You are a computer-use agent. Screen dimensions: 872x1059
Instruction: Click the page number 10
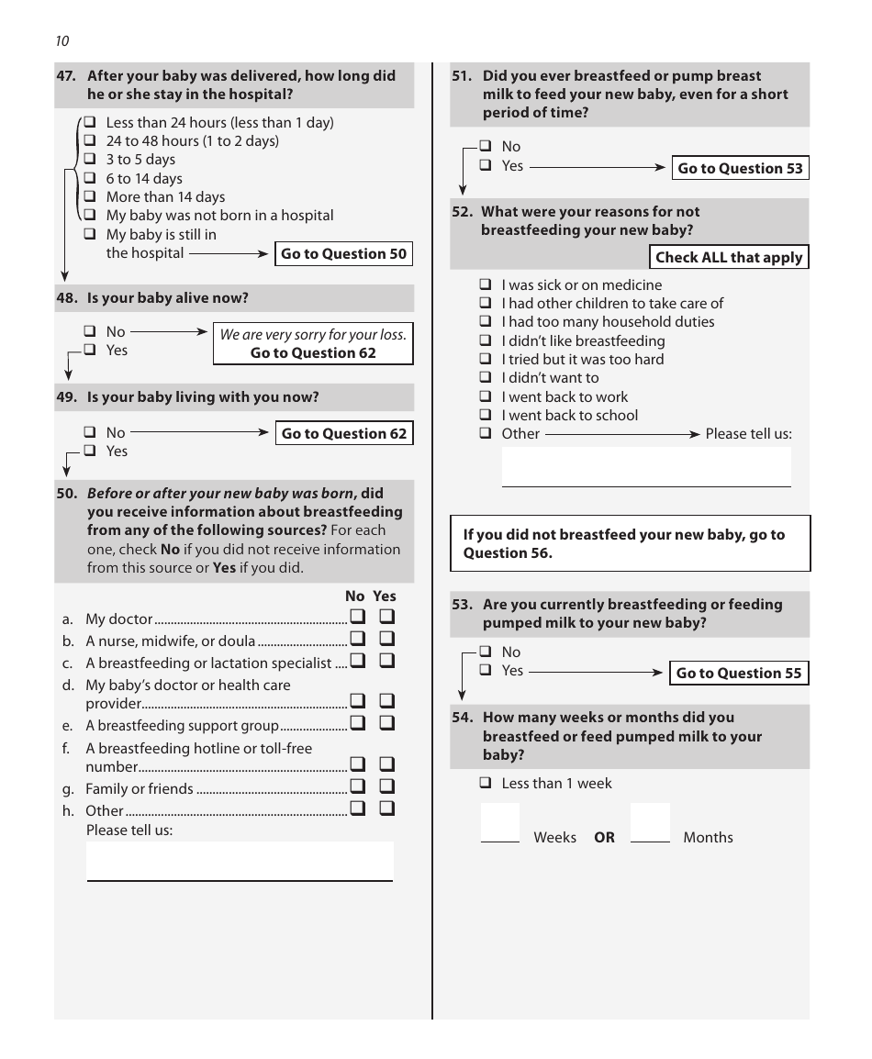(x=61, y=41)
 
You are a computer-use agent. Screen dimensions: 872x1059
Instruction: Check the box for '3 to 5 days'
(x=90, y=160)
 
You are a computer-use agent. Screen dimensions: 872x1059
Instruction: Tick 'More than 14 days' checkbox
(x=90, y=196)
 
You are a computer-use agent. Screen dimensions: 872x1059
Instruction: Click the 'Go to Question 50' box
(x=343, y=254)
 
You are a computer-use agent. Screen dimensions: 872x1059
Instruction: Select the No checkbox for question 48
(x=90, y=331)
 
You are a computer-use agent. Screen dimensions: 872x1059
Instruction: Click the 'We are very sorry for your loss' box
(x=313, y=343)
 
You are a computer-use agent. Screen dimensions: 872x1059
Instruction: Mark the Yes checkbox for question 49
(x=90, y=451)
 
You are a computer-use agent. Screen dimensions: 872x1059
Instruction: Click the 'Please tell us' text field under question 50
(x=240, y=861)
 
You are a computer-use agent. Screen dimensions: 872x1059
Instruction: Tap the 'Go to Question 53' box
(x=740, y=168)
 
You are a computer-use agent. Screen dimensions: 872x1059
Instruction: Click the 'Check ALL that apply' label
(x=729, y=258)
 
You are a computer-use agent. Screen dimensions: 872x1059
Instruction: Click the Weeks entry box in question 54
(x=500, y=822)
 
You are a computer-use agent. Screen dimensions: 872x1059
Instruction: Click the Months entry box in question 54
(x=650, y=822)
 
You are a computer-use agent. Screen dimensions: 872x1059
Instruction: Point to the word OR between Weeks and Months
(x=604, y=838)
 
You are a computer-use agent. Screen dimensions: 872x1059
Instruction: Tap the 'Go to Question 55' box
(x=739, y=673)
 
